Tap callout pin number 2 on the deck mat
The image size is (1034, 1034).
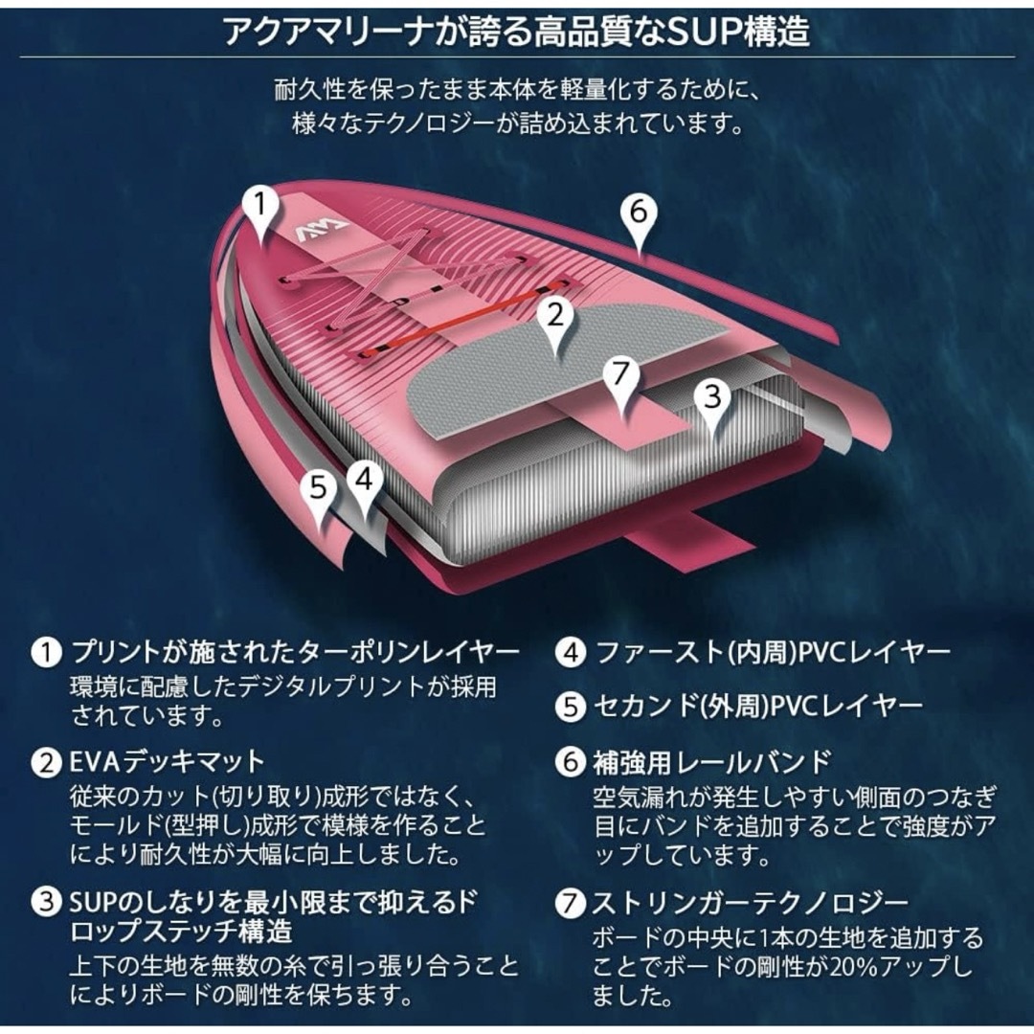pos(556,320)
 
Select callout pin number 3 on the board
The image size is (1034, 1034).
pos(713,401)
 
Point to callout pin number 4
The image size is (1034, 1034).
pos(366,484)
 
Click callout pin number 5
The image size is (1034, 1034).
pos(319,492)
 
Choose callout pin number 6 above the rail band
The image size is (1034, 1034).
pos(639,216)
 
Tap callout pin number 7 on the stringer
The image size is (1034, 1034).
pos(621,379)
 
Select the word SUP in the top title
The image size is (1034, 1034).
pos(703,31)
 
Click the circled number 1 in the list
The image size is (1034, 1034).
pos(46,652)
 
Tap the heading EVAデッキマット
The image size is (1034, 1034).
pos(168,762)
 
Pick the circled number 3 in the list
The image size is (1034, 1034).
pos(46,902)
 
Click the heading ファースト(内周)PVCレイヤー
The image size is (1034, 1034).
pos(773,653)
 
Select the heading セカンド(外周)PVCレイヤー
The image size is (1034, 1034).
pos(758,707)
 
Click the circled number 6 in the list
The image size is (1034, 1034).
pos(571,762)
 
